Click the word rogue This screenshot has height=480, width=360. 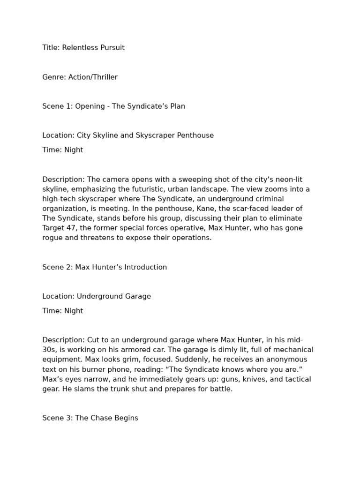[52, 238]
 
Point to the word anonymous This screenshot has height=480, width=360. [278, 360]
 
